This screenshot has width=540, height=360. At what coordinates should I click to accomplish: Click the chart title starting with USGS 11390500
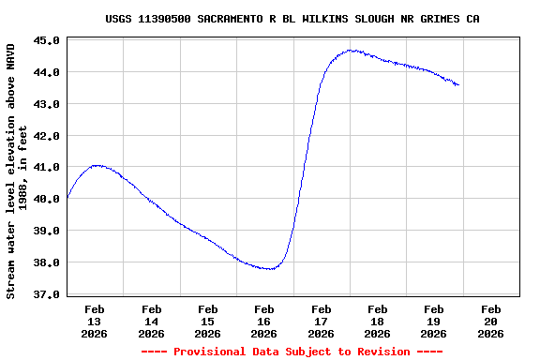click(299, 19)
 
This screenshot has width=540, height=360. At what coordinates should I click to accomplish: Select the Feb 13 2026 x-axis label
click(95, 321)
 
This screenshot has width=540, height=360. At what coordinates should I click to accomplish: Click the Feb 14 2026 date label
click(151, 321)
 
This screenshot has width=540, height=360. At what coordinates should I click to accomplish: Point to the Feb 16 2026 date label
click(264, 321)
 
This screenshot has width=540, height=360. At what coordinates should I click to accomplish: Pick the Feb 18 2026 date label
click(378, 321)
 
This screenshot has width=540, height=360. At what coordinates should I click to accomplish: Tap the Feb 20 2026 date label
click(490, 321)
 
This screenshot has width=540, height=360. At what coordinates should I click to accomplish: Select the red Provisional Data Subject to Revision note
click(292, 352)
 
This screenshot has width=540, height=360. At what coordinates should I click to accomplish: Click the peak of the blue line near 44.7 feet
click(352, 51)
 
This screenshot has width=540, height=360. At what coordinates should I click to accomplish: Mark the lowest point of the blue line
click(270, 269)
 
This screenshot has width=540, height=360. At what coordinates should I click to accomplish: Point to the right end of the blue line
click(458, 85)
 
